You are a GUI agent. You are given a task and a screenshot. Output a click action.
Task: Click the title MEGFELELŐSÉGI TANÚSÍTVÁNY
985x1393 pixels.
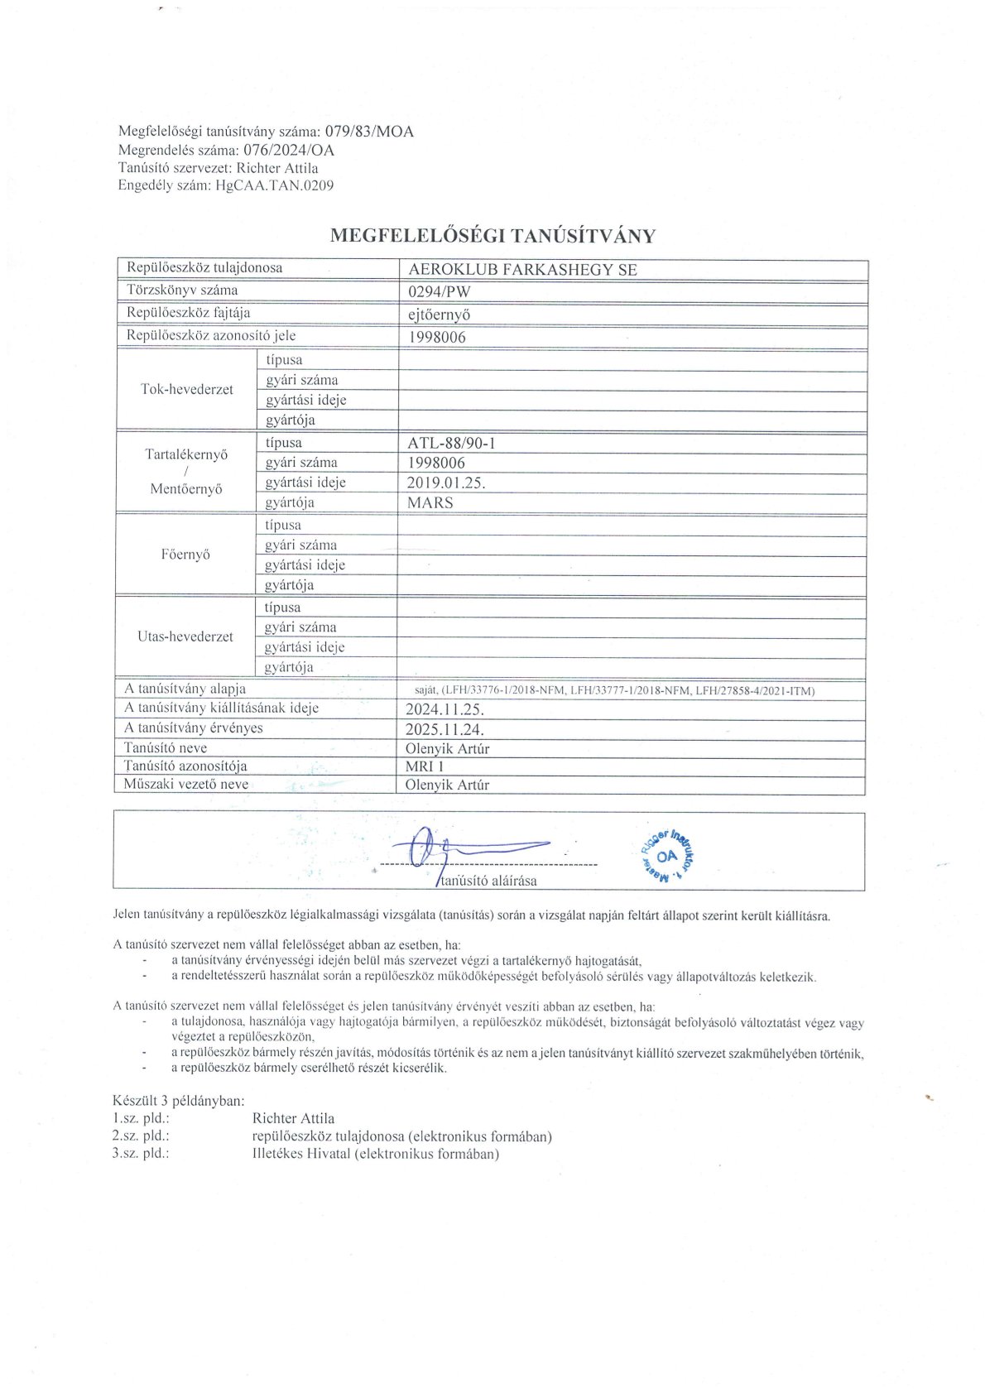492,236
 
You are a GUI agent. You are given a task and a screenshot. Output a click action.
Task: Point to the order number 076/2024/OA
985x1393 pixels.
288,150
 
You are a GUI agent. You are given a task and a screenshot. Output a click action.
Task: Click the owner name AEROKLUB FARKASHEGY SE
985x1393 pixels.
522,270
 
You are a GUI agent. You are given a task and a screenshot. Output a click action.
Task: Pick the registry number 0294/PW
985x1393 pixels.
440,292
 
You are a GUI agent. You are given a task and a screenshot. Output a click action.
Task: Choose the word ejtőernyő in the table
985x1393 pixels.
440,315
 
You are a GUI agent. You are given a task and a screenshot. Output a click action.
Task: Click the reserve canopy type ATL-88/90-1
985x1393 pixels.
451,443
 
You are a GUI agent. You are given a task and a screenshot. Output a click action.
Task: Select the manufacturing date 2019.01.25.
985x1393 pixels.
445,483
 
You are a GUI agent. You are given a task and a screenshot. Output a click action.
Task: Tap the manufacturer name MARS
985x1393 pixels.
430,502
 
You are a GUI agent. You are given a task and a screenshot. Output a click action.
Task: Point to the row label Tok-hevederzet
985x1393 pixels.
187,390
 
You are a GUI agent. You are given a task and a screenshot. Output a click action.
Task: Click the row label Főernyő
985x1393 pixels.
185,555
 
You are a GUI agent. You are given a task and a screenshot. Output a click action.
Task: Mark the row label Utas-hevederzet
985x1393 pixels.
185,637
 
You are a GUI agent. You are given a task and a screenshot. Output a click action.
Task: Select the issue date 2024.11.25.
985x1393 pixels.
444,709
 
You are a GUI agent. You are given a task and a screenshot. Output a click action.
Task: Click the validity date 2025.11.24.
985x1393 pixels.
444,729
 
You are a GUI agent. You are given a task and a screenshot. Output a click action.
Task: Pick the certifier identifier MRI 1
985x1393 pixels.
425,766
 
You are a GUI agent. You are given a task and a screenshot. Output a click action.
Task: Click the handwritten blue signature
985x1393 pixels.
464,848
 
